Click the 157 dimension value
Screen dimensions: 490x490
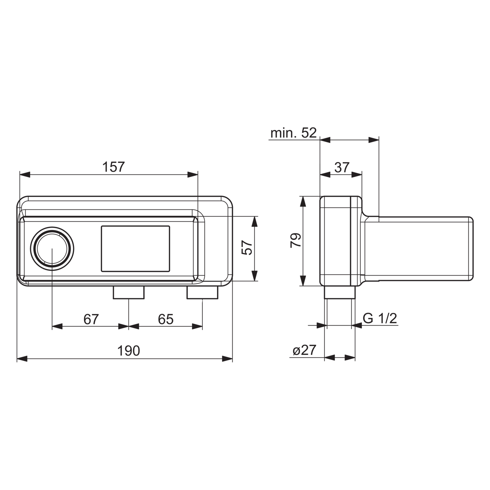[x=113, y=167]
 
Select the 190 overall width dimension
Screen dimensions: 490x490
[x=128, y=351]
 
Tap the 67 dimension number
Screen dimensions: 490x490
[x=91, y=319]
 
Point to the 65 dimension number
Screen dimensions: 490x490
[x=165, y=319]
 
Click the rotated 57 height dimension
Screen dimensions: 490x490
[x=247, y=247]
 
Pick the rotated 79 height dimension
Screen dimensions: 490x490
[x=296, y=240]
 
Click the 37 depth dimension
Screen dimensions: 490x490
[x=341, y=167]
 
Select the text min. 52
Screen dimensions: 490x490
[x=293, y=133]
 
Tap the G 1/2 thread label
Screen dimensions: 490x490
[x=380, y=318]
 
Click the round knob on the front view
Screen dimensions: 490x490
[x=52, y=248]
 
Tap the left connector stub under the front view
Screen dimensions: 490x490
[x=129, y=292]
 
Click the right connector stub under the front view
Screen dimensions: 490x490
[x=202, y=292]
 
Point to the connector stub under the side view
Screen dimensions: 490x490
[x=340, y=292]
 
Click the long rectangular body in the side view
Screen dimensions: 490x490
[x=419, y=249]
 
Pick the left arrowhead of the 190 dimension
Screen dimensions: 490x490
[x=22, y=358]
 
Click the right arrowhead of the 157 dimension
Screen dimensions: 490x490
[x=193, y=175]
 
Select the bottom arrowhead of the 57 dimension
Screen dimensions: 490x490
[x=254, y=276]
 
